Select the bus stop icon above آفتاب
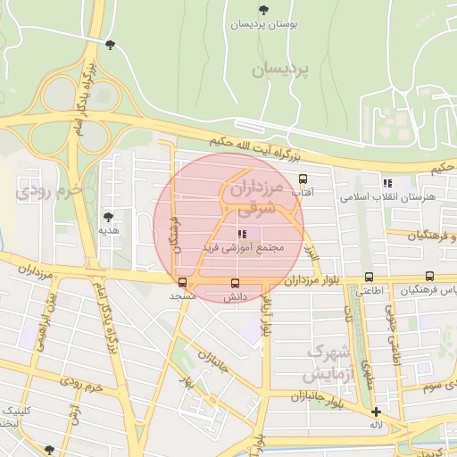(303, 179)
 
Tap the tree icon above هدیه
(108, 217)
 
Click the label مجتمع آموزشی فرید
(242, 247)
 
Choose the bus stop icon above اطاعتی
(370, 278)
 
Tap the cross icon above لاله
(377, 411)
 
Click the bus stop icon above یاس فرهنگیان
(430, 278)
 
